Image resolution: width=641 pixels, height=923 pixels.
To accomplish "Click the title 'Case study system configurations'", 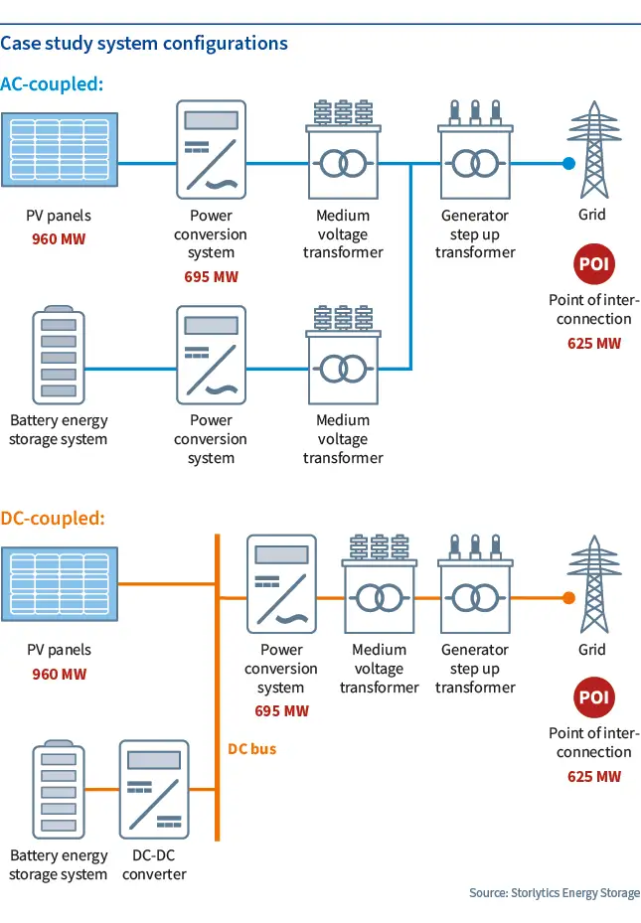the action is (144, 44).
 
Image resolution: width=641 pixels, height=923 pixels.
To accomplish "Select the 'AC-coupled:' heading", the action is (52, 84).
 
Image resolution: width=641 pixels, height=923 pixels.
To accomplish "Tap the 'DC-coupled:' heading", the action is (53, 519).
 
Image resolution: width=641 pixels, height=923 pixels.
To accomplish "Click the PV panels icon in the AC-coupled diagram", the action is (60, 149).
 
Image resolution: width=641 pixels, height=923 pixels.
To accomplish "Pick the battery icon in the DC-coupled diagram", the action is (59, 790).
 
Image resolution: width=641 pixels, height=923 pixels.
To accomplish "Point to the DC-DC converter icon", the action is (154, 790).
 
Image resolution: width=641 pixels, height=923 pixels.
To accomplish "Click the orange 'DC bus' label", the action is (251, 749).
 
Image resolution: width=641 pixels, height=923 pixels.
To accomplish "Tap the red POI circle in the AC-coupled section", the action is (594, 263).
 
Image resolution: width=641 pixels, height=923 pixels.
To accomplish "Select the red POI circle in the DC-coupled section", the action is (594, 697).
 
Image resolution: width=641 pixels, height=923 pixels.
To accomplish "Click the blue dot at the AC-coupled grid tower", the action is (568, 164).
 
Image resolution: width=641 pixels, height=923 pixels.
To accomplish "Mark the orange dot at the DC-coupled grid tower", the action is (568, 598).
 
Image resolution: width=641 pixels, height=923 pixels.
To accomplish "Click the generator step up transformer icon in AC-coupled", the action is (475, 149).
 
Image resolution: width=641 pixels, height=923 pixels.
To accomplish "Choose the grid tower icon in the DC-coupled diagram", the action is (594, 584).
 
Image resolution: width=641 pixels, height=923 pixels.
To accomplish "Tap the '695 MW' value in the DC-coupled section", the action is (281, 711).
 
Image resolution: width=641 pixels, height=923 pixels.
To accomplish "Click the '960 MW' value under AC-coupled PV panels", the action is (59, 239).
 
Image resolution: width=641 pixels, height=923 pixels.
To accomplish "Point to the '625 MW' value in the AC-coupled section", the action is (594, 343).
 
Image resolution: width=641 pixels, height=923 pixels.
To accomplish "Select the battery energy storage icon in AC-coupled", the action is (59, 355).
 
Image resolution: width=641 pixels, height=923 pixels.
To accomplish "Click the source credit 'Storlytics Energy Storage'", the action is (575, 893).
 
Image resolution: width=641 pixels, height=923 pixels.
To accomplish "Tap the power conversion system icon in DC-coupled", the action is (281, 584).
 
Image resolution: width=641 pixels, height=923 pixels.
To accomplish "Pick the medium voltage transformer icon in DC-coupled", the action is (379, 584).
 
